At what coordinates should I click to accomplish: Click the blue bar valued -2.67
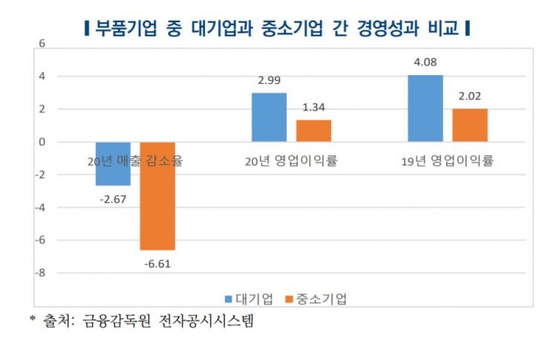point(114,163)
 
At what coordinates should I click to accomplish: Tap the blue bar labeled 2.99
point(269,117)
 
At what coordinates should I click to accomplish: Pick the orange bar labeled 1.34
point(313,131)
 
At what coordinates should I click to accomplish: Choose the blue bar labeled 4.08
point(425,108)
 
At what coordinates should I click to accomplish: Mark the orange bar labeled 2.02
point(470,125)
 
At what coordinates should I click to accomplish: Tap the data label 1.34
point(313,108)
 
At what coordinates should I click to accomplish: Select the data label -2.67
point(114,199)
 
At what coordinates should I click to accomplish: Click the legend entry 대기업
point(249,298)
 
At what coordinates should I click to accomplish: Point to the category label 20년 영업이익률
point(291,160)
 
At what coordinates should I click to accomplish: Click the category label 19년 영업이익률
point(448,160)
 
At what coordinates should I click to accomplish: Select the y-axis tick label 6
point(42,44)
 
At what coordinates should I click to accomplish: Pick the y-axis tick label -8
point(41,273)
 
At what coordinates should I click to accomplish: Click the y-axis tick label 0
point(42,142)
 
